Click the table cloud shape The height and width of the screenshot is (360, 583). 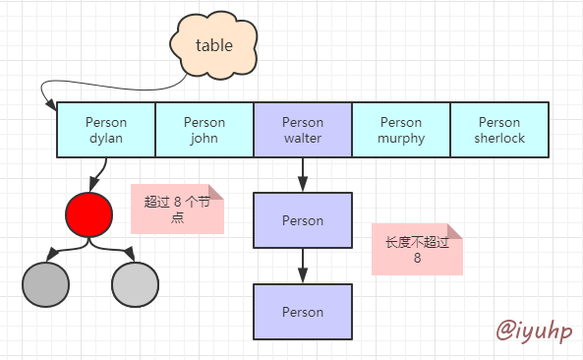[x=214, y=45]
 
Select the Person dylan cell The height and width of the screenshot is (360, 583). [x=106, y=131]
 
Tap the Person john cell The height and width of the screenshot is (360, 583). [x=204, y=131]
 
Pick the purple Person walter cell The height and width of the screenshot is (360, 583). [x=303, y=131]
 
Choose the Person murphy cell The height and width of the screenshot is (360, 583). [x=401, y=131]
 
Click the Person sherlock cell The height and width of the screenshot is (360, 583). [x=499, y=131]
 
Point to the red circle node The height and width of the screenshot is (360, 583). [x=89, y=214]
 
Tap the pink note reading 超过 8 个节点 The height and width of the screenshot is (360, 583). [x=178, y=209]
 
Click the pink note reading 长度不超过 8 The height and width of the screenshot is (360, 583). [x=417, y=249]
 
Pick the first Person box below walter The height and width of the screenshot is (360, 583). [x=303, y=220]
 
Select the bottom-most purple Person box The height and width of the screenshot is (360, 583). [x=303, y=312]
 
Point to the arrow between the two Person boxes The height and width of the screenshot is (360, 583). [x=303, y=265]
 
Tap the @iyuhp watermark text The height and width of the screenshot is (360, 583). [x=532, y=330]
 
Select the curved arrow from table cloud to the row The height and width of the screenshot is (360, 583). [x=108, y=80]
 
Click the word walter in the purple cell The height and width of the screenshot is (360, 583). [x=303, y=139]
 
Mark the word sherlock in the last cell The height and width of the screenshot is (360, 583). [x=499, y=139]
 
